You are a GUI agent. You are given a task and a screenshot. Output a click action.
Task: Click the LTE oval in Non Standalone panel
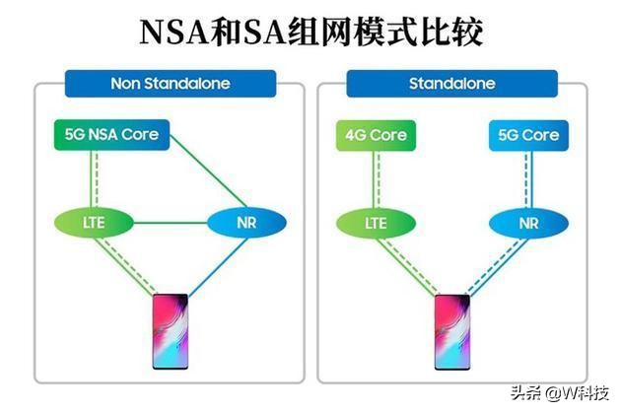[94, 223]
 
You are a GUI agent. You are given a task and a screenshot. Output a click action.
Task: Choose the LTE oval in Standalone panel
[375, 223]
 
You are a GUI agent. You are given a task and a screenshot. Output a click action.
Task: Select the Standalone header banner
[448, 84]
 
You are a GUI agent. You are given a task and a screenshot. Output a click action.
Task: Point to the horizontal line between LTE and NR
[170, 223]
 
